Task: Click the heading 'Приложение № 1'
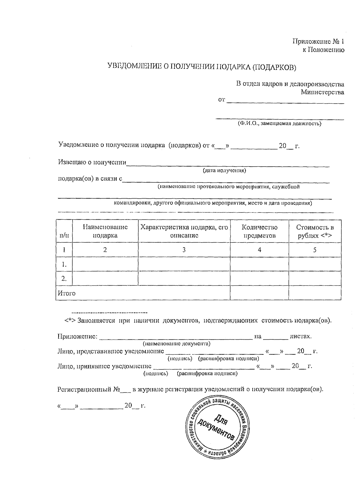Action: click(318, 41)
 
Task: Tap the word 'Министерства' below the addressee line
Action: click(322, 92)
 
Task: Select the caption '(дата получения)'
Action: click(224, 171)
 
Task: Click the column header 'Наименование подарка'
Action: click(105, 231)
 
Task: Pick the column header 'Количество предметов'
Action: click(259, 231)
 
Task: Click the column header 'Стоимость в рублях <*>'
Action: click(315, 231)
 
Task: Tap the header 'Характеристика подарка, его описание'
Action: click(184, 231)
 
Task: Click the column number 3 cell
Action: click(184, 250)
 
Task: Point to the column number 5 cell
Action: click(315, 250)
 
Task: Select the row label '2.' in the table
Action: click(64, 278)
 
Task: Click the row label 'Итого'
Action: click(67, 293)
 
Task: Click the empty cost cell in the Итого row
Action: click(315, 293)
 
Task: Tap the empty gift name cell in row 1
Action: click(105, 264)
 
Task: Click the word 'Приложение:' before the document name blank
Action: click(77, 336)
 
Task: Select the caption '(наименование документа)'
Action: click(176, 344)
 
